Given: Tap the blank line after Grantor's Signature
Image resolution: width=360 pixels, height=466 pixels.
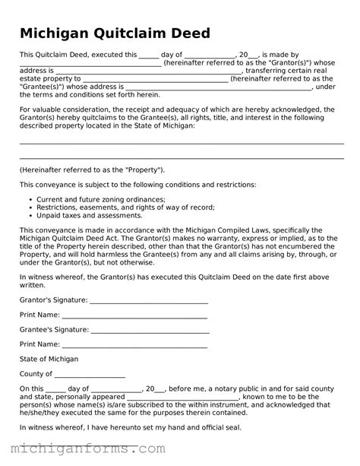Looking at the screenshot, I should click(x=148, y=300).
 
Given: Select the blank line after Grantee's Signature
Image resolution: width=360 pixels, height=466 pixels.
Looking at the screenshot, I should click(x=149, y=330).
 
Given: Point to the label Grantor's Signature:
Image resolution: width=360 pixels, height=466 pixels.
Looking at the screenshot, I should click(x=53, y=300).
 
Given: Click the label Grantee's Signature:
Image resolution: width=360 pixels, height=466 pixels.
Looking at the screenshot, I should click(x=53, y=329).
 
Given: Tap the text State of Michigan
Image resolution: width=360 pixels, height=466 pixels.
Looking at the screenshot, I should click(x=49, y=359).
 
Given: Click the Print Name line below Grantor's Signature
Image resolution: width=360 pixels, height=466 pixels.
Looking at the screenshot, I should click(x=134, y=315).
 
